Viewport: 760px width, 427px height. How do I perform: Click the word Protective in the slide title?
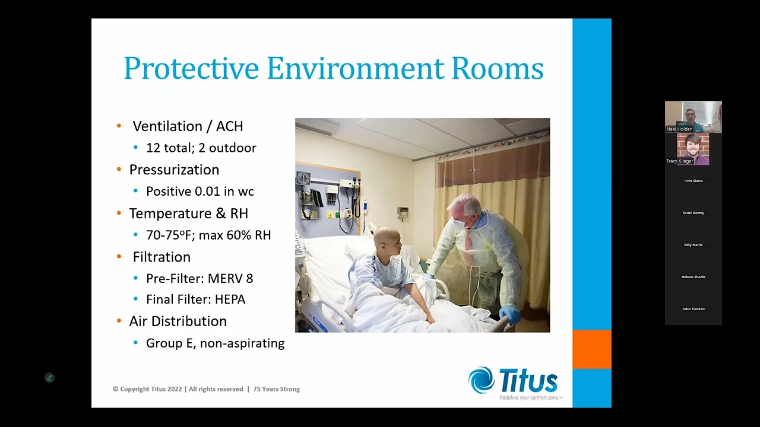click(x=191, y=68)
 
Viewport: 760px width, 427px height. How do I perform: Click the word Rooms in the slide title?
click(x=497, y=68)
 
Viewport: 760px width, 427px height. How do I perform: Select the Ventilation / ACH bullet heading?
click(x=188, y=126)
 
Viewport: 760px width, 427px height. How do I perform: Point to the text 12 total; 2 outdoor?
click(x=201, y=148)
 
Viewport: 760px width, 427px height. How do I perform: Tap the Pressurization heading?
click(x=174, y=170)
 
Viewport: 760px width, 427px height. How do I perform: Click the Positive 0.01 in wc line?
click(x=199, y=191)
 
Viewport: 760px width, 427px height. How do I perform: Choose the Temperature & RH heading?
click(x=188, y=213)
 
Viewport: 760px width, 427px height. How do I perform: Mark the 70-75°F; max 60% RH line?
click(x=208, y=235)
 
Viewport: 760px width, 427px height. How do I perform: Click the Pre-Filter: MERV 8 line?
click(x=199, y=278)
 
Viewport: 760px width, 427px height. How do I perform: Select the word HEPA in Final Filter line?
click(x=230, y=299)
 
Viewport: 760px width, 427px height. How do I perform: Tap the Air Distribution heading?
click(x=178, y=321)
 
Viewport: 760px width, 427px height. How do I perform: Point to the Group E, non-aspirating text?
click(x=215, y=343)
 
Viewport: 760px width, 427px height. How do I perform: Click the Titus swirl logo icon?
click(x=482, y=380)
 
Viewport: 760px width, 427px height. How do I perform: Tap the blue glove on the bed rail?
click(x=510, y=314)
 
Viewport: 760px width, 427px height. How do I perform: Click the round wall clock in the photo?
click(x=303, y=179)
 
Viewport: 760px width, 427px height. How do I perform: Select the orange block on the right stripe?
click(x=591, y=349)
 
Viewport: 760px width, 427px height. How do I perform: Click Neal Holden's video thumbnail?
click(x=693, y=116)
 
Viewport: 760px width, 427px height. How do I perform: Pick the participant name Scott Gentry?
click(x=693, y=213)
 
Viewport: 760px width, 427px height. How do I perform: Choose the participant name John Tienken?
click(x=693, y=309)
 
